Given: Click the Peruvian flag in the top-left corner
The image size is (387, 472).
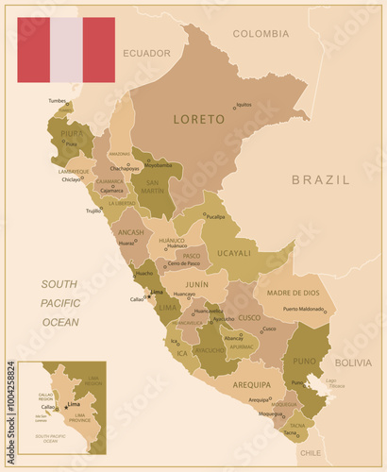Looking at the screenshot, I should (66, 49).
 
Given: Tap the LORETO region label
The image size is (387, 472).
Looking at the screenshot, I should (199, 120).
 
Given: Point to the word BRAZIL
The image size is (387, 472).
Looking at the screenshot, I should (320, 178).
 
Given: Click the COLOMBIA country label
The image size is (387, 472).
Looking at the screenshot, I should (261, 33).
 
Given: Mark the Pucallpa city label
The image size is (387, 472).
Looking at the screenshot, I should (216, 216).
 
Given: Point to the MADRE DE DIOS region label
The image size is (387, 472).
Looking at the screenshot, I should (294, 293).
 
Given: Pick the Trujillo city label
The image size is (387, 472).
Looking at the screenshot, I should (93, 211).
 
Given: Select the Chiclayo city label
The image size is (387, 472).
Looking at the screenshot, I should (72, 178).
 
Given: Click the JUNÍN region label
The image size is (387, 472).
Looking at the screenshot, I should (196, 283).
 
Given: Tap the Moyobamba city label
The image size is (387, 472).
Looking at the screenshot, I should (158, 165).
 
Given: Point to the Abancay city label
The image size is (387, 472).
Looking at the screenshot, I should (233, 338).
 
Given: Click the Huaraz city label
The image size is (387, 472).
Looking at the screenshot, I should (126, 243).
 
